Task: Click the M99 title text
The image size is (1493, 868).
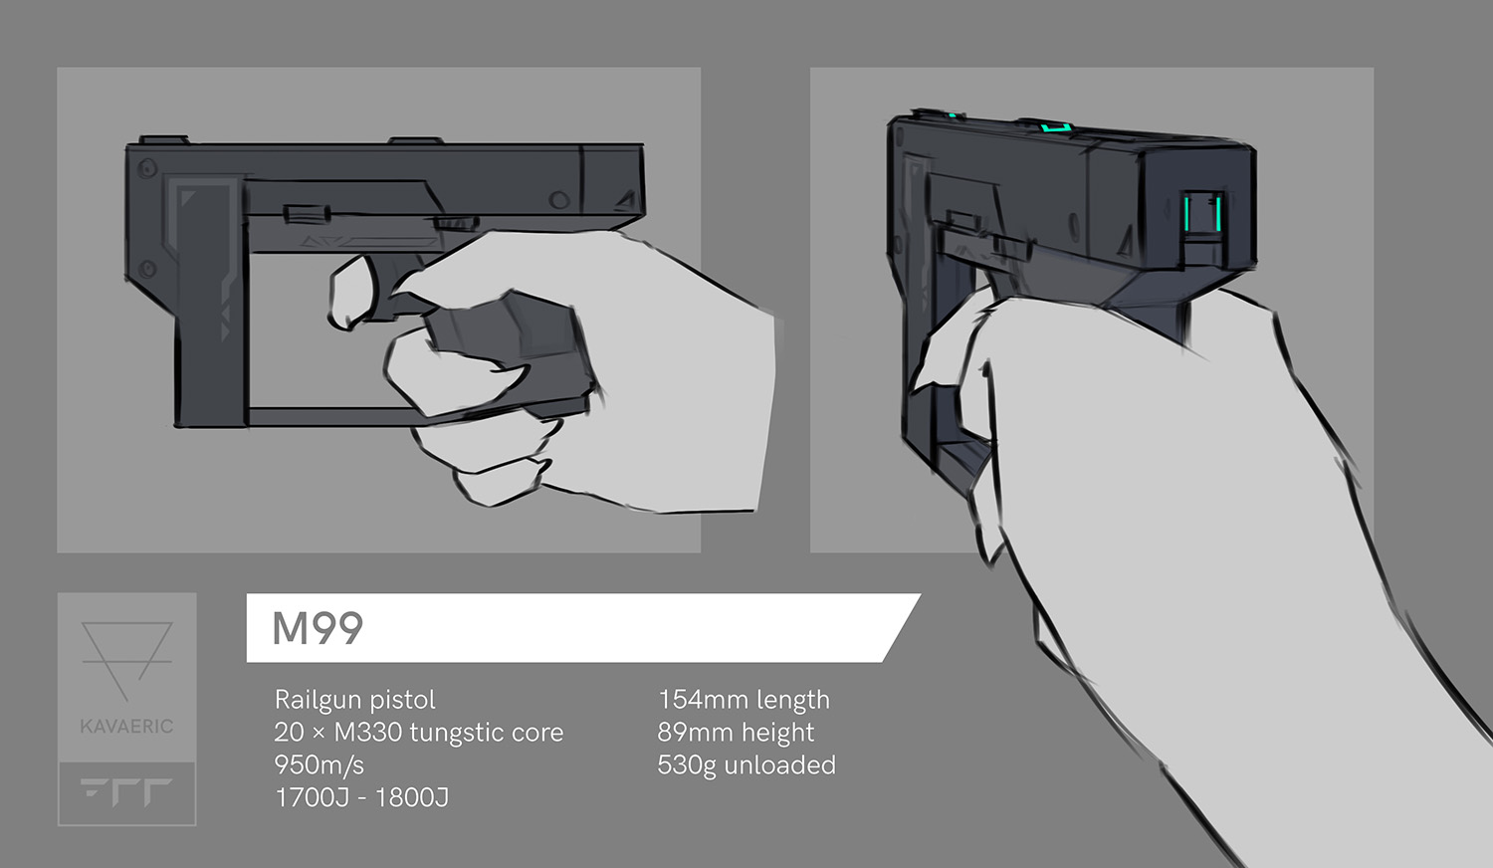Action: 318,628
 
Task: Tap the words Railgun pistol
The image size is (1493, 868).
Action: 354,700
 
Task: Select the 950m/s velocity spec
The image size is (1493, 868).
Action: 320,764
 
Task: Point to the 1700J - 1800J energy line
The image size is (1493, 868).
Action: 362,797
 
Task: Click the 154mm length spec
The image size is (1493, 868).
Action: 744,700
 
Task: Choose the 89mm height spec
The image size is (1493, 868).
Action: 736,733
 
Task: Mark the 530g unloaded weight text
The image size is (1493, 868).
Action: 746,764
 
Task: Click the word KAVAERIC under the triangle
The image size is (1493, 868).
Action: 126,726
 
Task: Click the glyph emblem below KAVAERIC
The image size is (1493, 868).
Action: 126,792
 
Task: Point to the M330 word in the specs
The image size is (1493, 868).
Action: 367,733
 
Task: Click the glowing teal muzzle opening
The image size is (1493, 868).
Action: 1203,213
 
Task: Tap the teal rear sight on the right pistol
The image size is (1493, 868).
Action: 1056,126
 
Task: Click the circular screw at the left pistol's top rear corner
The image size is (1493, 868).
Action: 147,168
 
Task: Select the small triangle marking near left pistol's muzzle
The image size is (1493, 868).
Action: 626,199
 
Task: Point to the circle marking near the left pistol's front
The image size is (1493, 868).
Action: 558,200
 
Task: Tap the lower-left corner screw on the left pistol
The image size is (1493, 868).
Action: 147,270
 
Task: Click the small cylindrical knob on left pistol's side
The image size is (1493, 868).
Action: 307,214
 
